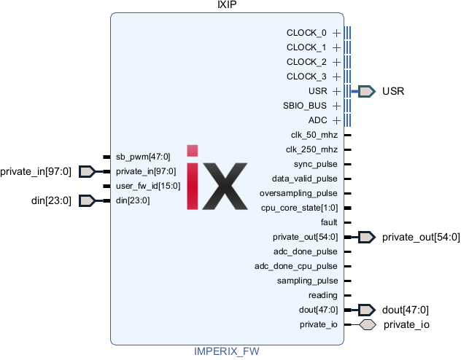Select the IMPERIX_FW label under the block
click(x=226, y=351)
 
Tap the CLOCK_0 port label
click(x=306, y=33)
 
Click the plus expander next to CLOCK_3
click(x=336, y=77)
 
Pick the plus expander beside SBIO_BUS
click(x=336, y=106)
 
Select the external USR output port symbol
click(x=366, y=91)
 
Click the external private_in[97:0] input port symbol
click(x=87, y=171)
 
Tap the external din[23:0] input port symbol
click(x=87, y=200)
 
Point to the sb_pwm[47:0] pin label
click(x=143, y=157)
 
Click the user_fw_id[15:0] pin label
click(x=148, y=186)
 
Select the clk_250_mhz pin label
click(x=312, y=149)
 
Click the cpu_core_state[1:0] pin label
click(x=300, y=208)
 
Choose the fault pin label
click(x=329, y=222)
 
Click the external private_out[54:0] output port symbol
click(x=366, y=237)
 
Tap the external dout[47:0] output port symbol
click(x=366, y=310)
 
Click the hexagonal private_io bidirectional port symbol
click(x=368, y=324)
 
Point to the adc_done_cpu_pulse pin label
click(x=296, y=266)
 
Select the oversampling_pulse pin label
click(x=298, y=193)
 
